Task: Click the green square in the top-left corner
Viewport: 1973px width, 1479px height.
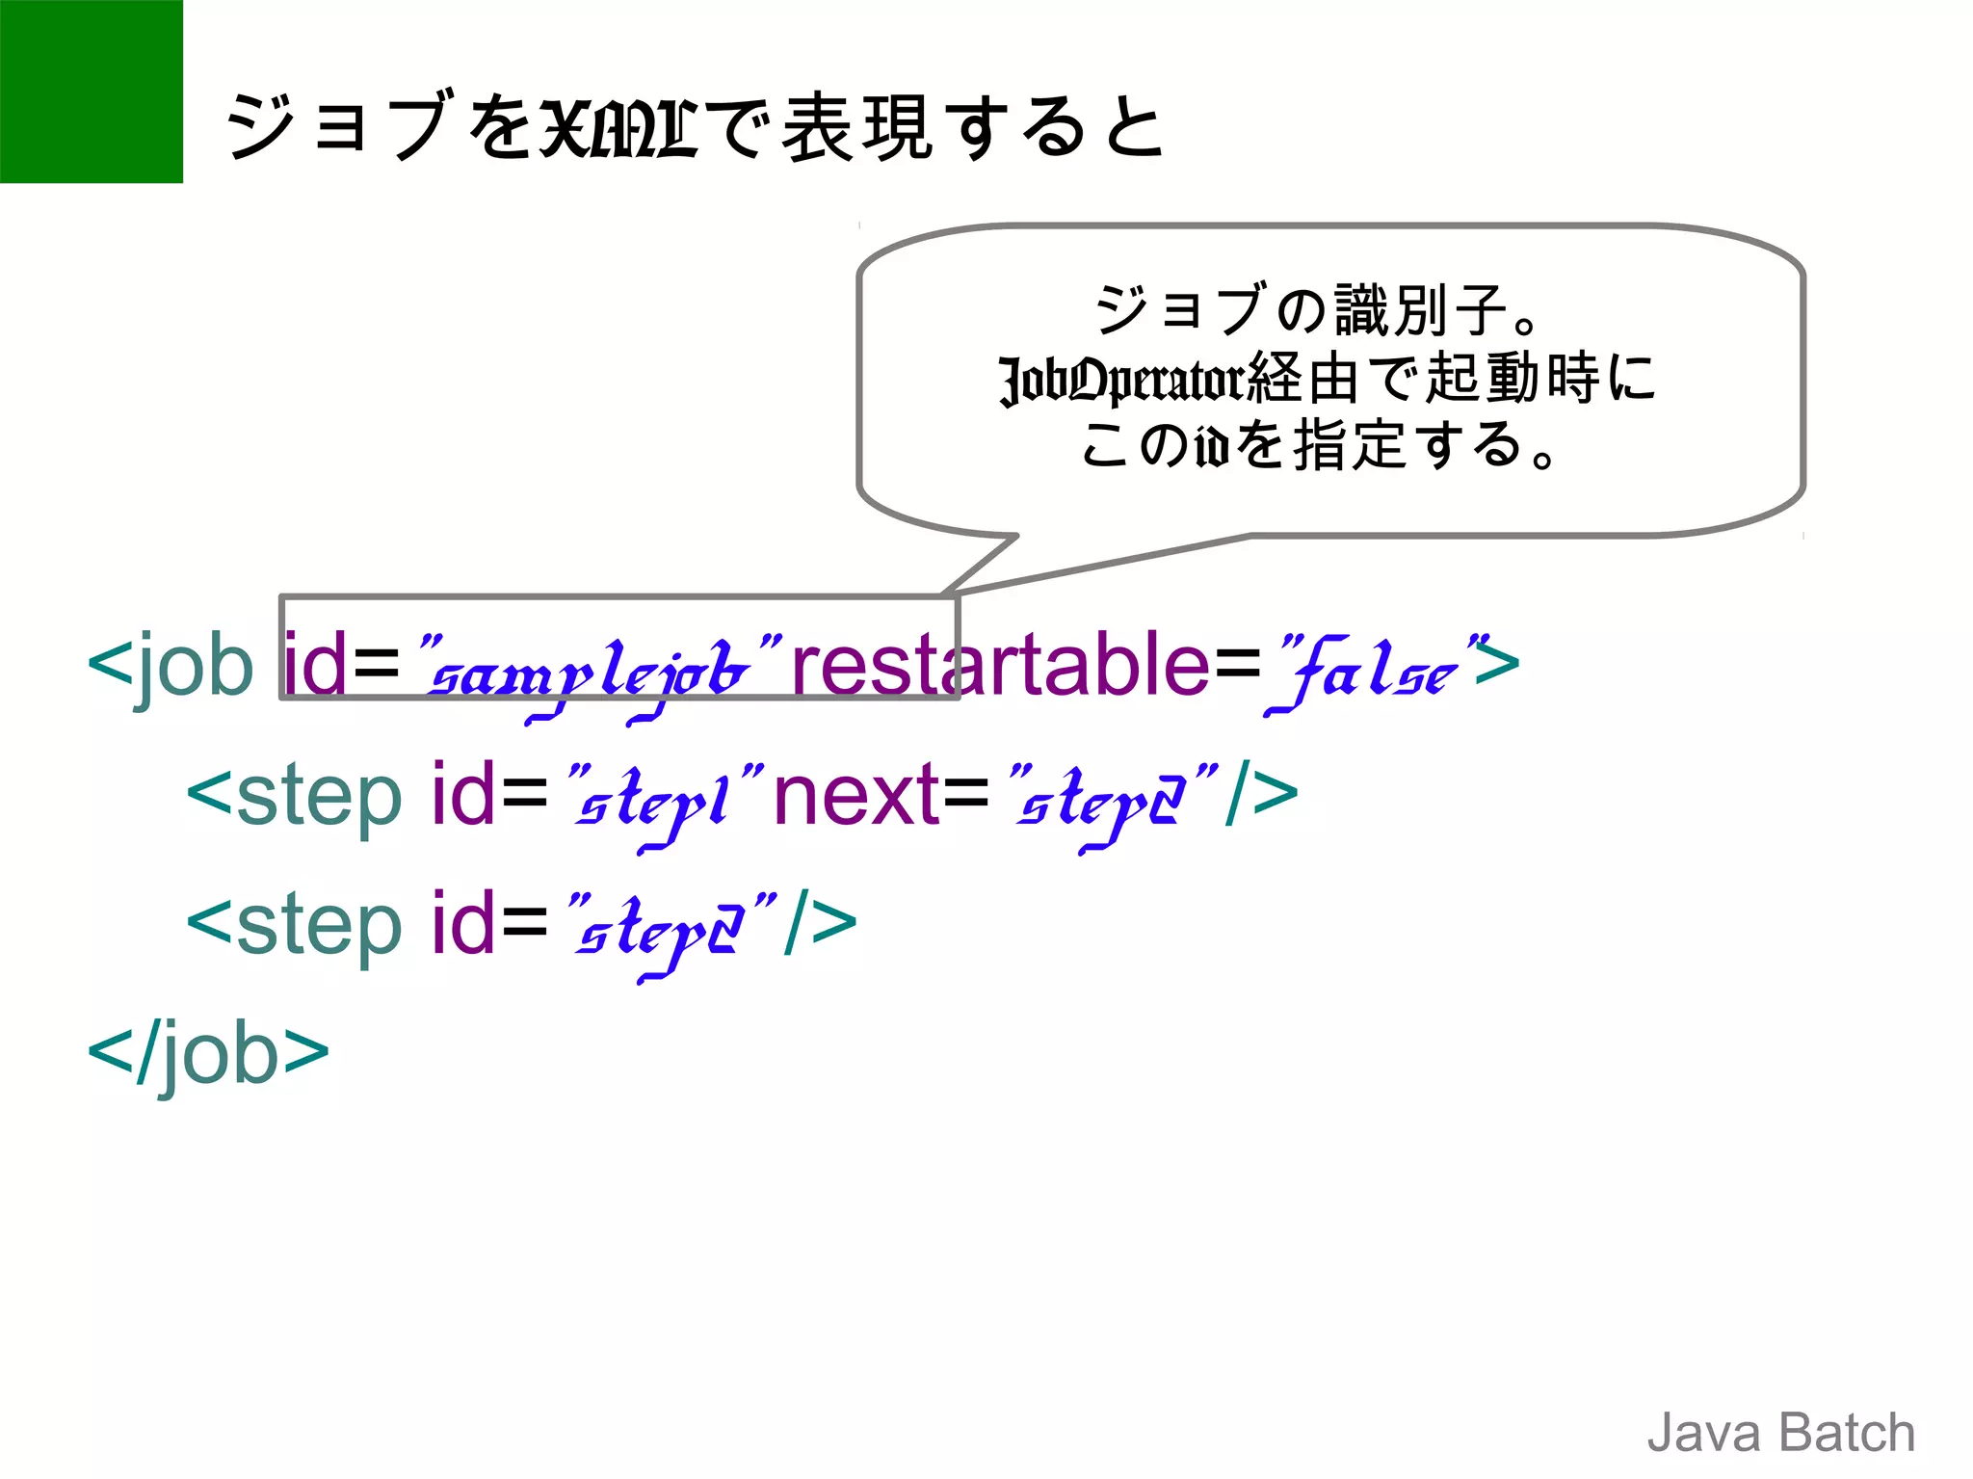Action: coord(91,91)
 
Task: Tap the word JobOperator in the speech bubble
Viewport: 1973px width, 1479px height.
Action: coord(1122,380)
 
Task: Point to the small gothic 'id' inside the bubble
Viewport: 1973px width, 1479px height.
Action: coord(1212,447)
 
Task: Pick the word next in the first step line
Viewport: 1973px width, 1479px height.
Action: coord(856,795)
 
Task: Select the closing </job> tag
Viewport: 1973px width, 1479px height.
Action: coord(208,1052)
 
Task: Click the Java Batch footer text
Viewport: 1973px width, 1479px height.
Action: coord(1780,1432)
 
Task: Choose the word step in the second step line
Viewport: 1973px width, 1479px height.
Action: coord(318,926)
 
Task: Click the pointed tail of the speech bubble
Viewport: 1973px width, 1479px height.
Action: coord(973,573)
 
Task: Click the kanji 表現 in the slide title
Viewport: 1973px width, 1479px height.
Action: coord(856,127)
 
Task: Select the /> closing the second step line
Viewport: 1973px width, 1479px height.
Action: coord(820,924)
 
